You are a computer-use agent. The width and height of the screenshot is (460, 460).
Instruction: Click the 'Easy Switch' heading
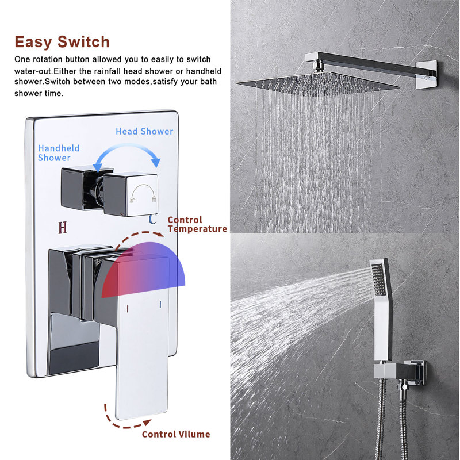pyautogui.click(x=62, y=41)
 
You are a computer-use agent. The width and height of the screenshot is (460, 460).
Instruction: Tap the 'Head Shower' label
pyautogui.click(x=144, y=131)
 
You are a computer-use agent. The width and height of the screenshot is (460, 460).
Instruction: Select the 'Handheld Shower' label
pyautogui.click(x=59, y=153)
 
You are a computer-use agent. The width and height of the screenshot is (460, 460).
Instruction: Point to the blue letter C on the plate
pyautogui.click(x=153, y=219)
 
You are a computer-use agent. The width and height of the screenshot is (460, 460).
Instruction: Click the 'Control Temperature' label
pyautogui.click(x=197, y=224)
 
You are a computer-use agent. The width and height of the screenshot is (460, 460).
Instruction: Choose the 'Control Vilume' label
pyautogui.click(x=176, y=434)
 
